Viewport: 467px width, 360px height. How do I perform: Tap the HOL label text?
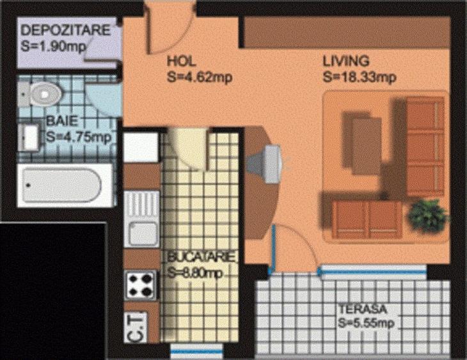[x=179, y=62]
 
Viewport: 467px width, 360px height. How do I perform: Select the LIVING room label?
[x=346, y=62]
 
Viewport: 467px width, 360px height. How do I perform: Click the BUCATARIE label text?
[x=203, y=257]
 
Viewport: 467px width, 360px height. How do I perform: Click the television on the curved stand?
[x=269, y=160]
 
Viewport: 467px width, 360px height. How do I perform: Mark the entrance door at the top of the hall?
[x=168, y=29]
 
